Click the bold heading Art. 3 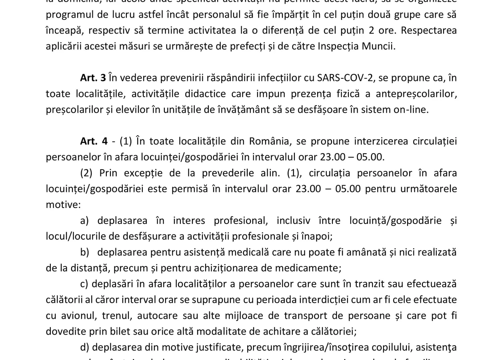pyautogui.click(x=93, y=78)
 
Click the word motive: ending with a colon pyautogui.click(x=63, y=205)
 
